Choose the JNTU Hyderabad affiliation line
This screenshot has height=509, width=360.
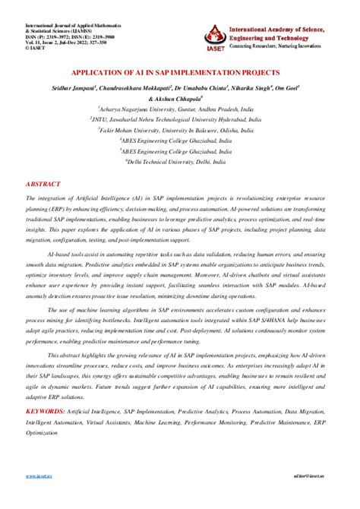coord(179,119)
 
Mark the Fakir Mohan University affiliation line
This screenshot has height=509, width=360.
coord(179,131)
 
